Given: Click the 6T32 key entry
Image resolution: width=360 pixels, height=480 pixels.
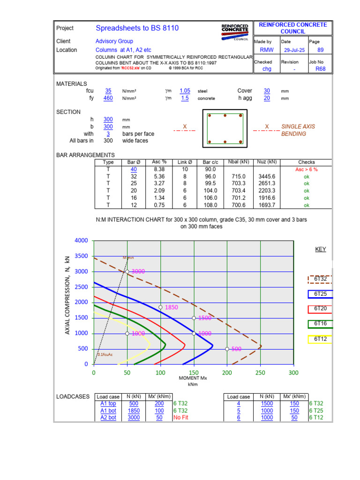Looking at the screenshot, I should [x=321, y=279].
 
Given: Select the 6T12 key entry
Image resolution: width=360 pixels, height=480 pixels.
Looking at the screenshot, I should [x=321, y=339].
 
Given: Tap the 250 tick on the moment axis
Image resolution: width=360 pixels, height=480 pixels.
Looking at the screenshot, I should [x=260, y=373].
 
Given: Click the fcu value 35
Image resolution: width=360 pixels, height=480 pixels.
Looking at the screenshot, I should [x=108, y=91].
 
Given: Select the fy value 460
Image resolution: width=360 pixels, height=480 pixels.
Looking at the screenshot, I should [x=108, y=98].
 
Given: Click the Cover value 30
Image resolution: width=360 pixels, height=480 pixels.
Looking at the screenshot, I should [x=267, y=91].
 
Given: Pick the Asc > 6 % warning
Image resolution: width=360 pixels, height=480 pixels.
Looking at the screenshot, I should [x=307, y=169].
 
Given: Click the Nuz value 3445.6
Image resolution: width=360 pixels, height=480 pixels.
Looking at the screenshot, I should [x=266, y=177].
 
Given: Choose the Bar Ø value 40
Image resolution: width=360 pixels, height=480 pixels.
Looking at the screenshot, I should [x=134, y=169].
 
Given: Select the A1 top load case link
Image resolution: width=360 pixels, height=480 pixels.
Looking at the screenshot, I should [x=108, y=404].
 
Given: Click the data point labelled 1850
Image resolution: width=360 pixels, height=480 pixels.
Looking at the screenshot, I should [x=160, y=307].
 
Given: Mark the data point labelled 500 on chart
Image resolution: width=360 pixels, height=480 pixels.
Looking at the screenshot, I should [x=227, y=349].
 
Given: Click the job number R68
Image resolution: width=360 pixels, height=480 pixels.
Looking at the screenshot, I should [x=321, y=69].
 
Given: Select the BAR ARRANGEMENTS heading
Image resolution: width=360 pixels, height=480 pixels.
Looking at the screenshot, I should [x=85, y=155].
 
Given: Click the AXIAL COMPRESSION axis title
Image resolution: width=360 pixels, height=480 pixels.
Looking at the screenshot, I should [x=67, y=295].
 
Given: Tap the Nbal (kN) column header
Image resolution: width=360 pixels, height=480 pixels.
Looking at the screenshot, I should [x=239, y=162].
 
